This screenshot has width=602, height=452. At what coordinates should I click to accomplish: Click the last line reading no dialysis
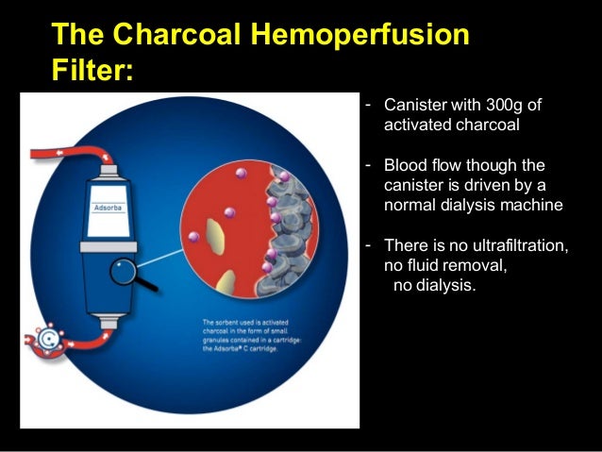click(x=435, y=285)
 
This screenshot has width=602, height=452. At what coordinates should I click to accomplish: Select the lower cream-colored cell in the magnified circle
click(x=226, y=281)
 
